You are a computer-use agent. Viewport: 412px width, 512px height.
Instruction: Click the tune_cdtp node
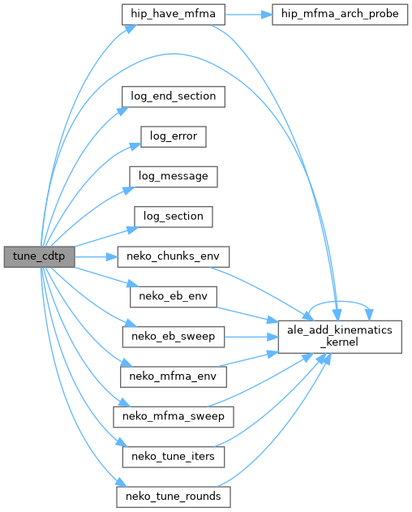pos(39,256)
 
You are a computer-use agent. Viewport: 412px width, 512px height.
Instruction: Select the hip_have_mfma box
pos(174,15)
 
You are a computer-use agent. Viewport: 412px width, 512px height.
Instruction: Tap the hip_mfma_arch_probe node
pos(340,15)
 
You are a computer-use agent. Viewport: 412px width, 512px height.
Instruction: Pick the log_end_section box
pos(174,97)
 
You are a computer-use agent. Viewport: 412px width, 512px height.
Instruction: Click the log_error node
pos(174,136)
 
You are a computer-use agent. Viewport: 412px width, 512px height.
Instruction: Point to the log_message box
pos(174,177)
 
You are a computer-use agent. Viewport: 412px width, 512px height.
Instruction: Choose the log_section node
pos(174,217)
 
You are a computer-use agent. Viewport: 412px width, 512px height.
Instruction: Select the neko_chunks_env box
pos(174,256)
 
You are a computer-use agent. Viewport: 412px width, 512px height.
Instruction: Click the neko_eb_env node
pos(174,297)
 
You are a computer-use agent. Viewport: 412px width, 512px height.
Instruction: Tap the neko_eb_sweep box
pos(174,337)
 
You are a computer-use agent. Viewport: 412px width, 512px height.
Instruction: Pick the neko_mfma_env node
pos(174,376)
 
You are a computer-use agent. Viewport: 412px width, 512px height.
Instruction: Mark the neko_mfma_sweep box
pos(174,417)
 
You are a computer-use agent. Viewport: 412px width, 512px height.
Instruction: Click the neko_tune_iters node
pos(174,457)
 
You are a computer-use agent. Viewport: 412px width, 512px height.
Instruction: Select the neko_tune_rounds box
pos(174,497)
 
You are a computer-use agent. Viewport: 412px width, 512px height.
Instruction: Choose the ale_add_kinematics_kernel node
pos(340,337)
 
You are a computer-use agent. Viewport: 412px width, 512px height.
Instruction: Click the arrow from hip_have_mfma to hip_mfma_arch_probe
pos(248,15)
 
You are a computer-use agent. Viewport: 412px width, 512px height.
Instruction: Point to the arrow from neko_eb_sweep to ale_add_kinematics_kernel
pos(251,337)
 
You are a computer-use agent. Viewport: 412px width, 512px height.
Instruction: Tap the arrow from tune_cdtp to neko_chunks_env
pos(96,257)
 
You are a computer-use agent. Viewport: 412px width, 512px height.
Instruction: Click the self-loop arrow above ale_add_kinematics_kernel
pos(340,301)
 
